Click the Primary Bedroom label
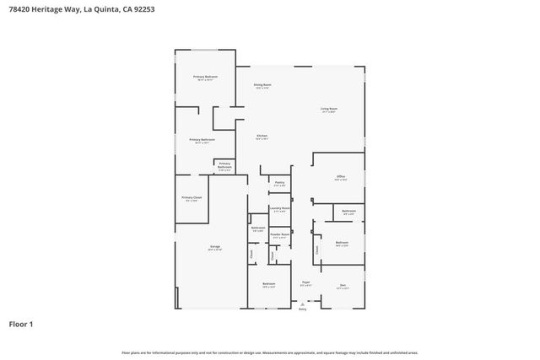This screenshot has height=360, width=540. [x=205, y=77]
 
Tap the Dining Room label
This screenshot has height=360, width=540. [x=262, y=84]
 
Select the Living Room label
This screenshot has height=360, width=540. [x=328, y=109]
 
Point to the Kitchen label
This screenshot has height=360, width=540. [x=262, y=136]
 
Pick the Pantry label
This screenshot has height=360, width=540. [x=279, y=182]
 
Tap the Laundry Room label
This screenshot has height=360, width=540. [x=279, y=208]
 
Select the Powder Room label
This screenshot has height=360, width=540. [x=279, y=235]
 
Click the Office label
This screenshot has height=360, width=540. [x=340, y=177]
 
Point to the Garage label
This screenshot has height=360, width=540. [x=215, y=247]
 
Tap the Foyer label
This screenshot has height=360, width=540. [x=305, y=282]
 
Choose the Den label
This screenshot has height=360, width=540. [x=343, y=285]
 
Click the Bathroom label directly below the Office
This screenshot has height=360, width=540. [x=348, y=211]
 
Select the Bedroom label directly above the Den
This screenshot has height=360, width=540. [x=342, y=243]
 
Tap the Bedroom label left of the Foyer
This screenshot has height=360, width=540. [x=268, y=284]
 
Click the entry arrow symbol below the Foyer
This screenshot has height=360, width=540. [x=302, y=304]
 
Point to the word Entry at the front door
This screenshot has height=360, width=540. [x=302, y=310]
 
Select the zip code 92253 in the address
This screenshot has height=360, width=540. [x=141, y=8]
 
